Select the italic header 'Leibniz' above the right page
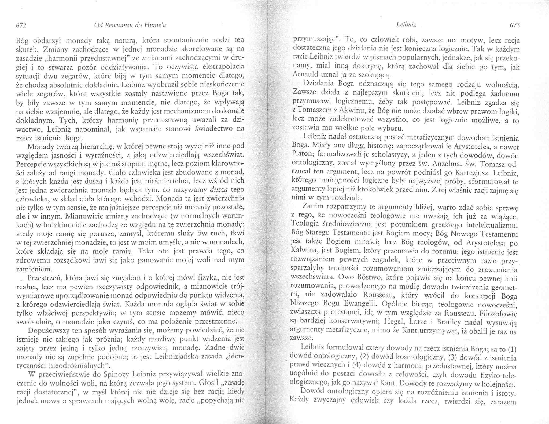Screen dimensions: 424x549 (406, 25)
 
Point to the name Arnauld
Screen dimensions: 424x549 (304, 74)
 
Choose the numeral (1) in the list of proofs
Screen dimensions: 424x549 (512, 349)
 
